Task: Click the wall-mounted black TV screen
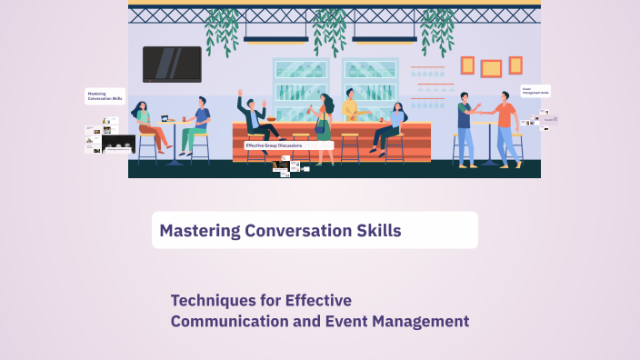coord(172,64)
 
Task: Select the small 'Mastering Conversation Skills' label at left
coord(101,95)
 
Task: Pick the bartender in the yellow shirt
coord(350,111)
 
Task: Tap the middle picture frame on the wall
coord(491,68)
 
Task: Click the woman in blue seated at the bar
coord(393,127)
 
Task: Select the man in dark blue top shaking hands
coord(465,127)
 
